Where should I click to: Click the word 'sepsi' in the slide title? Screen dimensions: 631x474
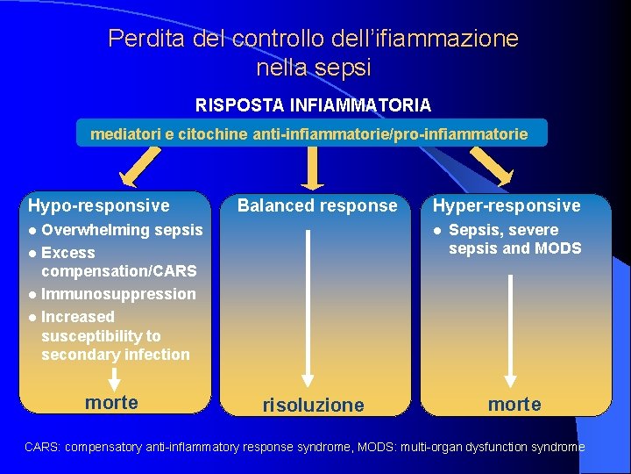coord(347,67)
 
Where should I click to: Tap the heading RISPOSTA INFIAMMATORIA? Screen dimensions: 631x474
coord(313,105)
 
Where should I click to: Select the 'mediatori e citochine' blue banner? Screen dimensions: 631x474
coord(309,134)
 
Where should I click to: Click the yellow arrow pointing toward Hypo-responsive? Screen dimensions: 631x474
coord(141,167)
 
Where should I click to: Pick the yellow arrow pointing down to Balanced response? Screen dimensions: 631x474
coord(312,168)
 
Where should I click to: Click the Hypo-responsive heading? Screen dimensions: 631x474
coord(99,206)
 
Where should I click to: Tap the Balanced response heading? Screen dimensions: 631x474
coord(317,206)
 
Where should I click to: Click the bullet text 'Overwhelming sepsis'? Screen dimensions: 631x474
coord(122,230)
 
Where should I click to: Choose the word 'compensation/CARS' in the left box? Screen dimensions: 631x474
coord(118,271)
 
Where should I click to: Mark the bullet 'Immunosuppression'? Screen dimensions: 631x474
coord(118,294)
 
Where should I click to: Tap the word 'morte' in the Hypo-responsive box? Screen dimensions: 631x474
coord(111,402)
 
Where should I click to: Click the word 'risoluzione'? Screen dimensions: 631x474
coord(313,406)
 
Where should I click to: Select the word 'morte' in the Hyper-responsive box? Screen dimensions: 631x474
coord(514,405)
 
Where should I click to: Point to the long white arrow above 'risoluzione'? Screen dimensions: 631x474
coord(308,307)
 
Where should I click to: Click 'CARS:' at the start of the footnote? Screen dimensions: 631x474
coord(42,448)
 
